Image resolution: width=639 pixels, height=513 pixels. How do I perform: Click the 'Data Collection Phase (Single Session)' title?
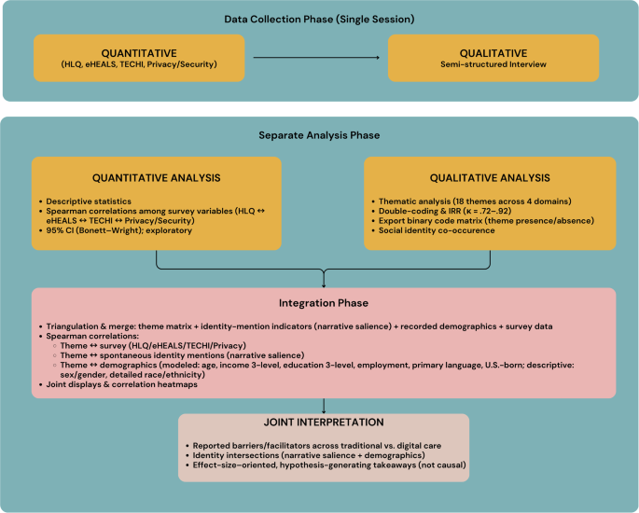[319, 19]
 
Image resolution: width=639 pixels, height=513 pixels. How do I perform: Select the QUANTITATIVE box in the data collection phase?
[139, 58]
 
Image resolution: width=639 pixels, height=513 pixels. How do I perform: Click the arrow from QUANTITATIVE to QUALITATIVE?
[316, 59]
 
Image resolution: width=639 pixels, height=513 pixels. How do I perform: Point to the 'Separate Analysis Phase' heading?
[320, 135]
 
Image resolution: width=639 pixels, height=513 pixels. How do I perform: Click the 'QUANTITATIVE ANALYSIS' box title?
[156, 176]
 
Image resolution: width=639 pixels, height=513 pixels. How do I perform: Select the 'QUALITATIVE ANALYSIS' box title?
[490, 176]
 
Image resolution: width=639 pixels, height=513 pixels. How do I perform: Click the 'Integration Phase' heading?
[324, 303]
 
